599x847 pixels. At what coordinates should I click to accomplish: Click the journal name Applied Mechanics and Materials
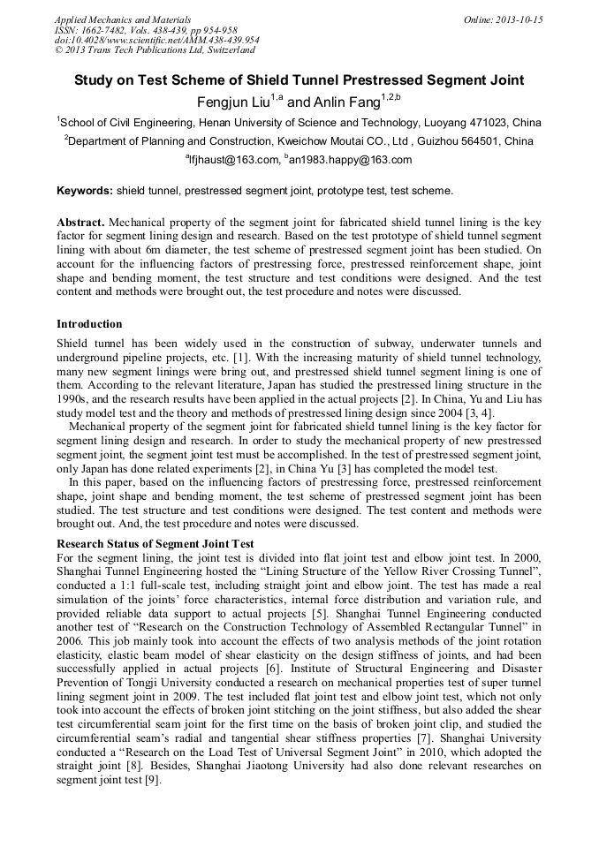pos(122,19)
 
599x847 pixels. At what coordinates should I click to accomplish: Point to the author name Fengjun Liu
pos(236,102)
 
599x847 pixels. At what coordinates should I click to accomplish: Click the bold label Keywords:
pos(85,190)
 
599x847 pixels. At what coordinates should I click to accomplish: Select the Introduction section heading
pos(89,324)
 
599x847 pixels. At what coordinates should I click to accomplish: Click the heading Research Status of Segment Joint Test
pos(155,544)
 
